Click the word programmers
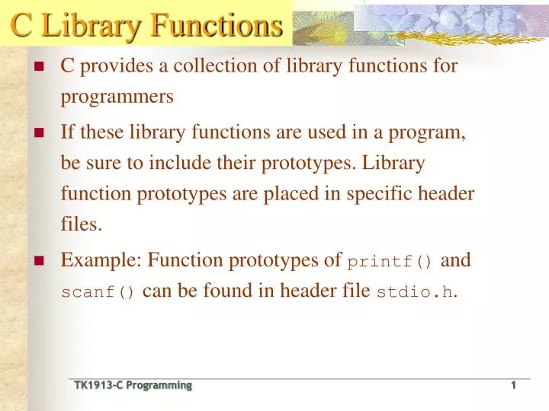tap(117, 97)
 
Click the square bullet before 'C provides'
tap(41, 66)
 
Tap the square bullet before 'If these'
tap(41, 132)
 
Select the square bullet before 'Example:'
tap(41, 260)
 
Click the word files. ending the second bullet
tap(80, 225)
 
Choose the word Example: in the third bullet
tap(101, 260)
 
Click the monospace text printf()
tap(390, 262)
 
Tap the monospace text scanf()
tap(98, 293)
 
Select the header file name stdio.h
tap(416, 293)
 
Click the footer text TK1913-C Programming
tap(133, 386)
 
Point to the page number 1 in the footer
tap(513, 386)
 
